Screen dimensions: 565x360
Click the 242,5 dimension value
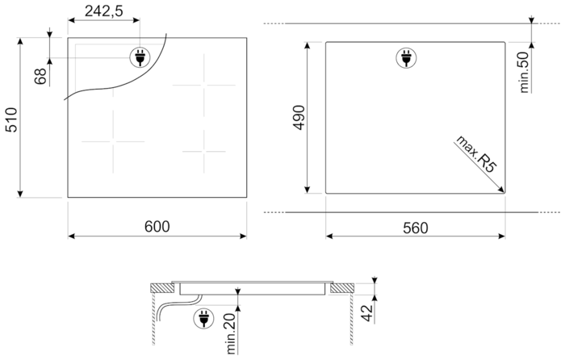point(104,11)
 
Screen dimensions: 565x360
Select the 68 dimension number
point(40,77)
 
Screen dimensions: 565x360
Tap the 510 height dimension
point(11,119)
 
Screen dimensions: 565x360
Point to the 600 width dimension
point(157,227)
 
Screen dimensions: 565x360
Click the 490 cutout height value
point(299,118)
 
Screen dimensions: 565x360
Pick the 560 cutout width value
point(416,228)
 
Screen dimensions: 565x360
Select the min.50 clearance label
point(524,72)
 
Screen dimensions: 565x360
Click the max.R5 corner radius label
point(476,154)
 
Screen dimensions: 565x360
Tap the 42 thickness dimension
point(367,313)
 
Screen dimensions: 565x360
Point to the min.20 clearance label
point(231,333)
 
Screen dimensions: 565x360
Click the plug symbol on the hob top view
point(140,57)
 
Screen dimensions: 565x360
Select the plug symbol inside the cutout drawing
point(407,58)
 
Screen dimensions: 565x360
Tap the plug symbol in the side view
point(203,319)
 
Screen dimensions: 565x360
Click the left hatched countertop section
point(161,288)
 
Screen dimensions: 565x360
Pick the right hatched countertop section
point(342,288)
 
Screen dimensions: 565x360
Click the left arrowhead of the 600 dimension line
point(71,236)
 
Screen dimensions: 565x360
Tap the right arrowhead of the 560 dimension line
point(501,237)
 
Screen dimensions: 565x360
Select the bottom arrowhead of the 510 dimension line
point(20,194)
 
